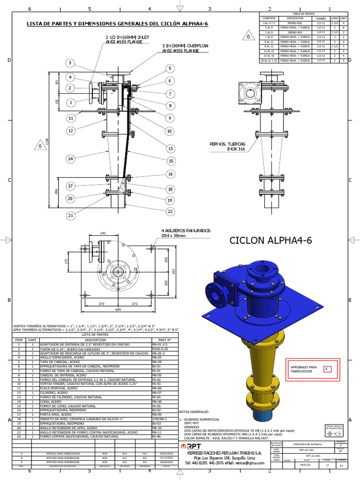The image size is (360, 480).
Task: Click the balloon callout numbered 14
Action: (70, 159)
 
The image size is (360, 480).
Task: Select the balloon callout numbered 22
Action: (170, 211)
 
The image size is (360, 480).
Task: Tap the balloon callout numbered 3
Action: (70, 63)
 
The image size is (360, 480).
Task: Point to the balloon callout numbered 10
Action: (169, 131)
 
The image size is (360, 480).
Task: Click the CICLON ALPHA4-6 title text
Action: (270, 241)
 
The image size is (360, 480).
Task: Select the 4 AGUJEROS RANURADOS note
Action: (186, 233)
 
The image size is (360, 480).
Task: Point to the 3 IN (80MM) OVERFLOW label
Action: (177, 49)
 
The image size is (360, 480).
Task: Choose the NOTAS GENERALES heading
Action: (193, 411)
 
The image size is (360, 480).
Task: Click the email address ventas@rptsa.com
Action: (249, 463)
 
